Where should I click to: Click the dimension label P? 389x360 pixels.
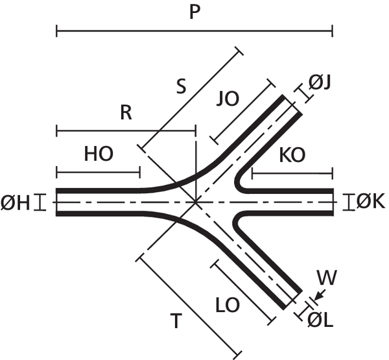[193, 12]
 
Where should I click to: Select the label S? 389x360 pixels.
[183, 86]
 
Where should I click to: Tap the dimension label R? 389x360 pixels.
[126, 113]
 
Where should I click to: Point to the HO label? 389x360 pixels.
[99, 154]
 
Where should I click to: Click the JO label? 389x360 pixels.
[228, 99]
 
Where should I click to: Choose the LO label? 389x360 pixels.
[228, 302]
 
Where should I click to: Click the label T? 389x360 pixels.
[174, 321]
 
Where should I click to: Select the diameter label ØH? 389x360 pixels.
[16, 203]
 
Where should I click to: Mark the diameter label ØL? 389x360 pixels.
[320, 320]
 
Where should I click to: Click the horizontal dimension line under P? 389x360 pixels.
[194, 30]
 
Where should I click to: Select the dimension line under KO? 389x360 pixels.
[292, 173]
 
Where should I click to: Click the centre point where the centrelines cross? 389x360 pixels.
[196, 202]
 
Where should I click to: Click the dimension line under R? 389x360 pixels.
[126, 132]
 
